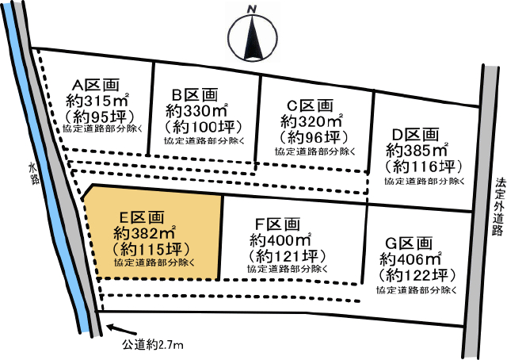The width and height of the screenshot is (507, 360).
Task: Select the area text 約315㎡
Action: point(97,101)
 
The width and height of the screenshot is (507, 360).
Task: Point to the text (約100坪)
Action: point(201,126)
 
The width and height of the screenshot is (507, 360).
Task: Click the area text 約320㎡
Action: point(311,121)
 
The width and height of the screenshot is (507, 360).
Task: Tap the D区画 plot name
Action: point(414,134)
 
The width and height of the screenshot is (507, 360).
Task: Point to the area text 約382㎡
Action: point(143,233)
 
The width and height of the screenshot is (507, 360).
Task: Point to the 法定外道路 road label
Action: point(498,206)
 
